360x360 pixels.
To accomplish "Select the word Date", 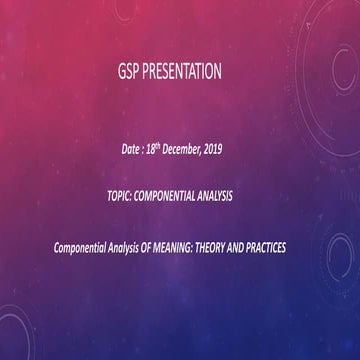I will [x=130, y=150].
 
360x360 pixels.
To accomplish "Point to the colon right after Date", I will [x=145, y=150].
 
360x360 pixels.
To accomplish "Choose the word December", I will [x=184, y=150].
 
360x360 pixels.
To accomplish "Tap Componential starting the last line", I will [x=80, y=245].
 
